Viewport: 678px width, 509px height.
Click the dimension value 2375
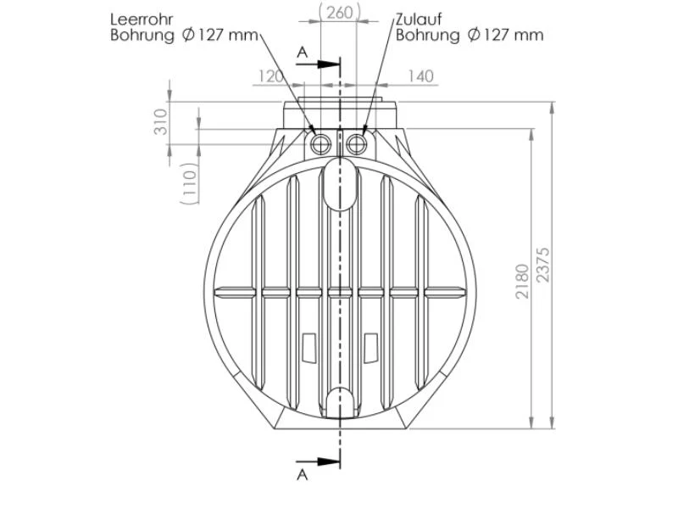542,265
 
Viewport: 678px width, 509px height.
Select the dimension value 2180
522,281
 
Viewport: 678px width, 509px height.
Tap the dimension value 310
160,121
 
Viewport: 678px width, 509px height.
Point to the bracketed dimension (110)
189,183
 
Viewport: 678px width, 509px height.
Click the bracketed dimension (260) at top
340,13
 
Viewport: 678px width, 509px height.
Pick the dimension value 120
271,76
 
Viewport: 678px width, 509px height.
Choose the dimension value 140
420,76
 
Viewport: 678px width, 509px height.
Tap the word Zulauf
419,20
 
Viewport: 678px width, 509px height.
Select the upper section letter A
303,53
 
